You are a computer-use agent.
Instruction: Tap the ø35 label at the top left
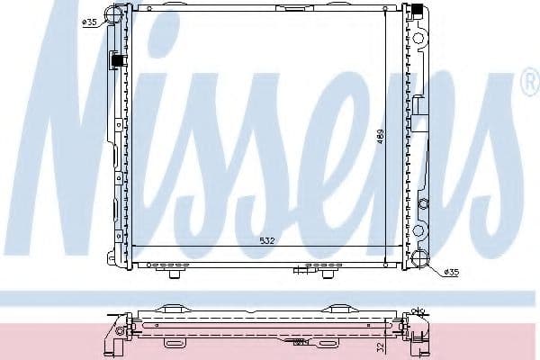coord(90,22)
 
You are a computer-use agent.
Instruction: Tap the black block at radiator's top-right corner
coord(418,12)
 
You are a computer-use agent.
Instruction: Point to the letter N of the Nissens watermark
coord(85,144)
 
